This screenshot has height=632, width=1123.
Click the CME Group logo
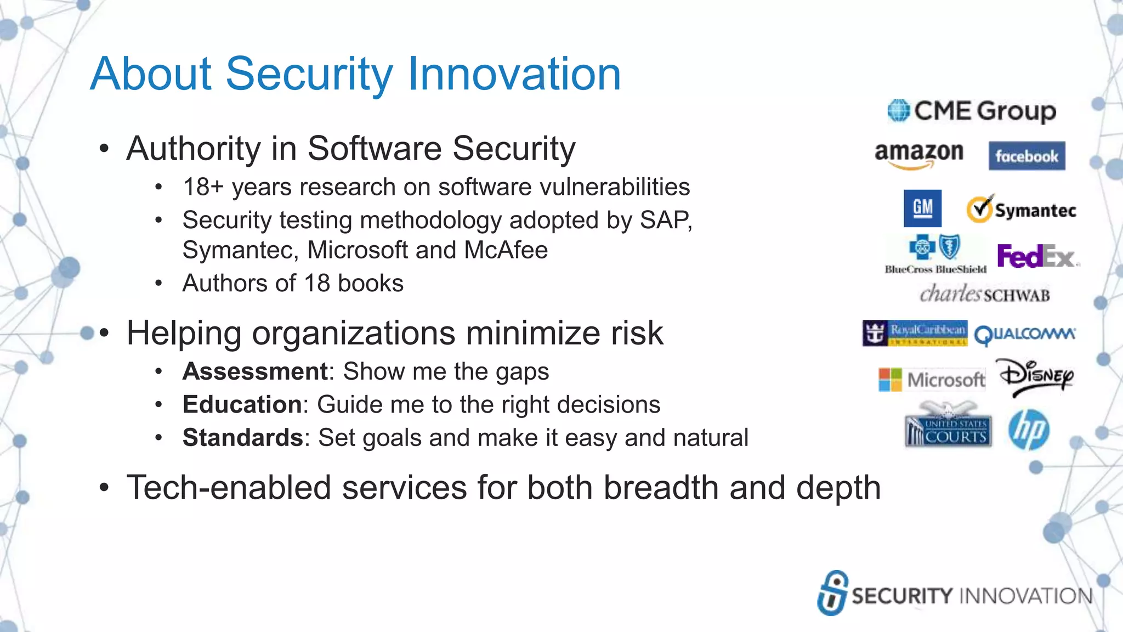[972, 111]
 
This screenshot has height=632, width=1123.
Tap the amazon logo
[919, 153]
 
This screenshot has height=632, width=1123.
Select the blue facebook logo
[1026, 156]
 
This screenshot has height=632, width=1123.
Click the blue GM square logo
[922, 208]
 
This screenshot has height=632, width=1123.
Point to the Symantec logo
[1021, 210]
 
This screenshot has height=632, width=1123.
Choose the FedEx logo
[1036, 256]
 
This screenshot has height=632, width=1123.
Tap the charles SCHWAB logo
[985, 295]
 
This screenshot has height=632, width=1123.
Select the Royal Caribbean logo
[915, 333]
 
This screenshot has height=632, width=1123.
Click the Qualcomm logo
[1024, 334]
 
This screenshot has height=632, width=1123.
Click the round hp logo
[1029, 430]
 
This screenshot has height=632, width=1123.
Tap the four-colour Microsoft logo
[931, 380]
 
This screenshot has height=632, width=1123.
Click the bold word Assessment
[255, 371]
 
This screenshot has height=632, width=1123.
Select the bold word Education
[241, 404]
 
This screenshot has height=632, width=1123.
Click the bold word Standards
[242, 438]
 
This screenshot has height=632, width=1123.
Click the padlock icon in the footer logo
[832, 592]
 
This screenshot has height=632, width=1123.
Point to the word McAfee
[506, 250]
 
